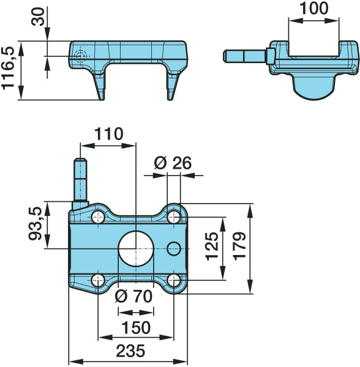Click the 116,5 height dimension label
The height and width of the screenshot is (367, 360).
(8, 68)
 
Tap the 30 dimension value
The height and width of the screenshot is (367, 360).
(38, 17)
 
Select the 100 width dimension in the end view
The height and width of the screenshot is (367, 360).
(314, 8)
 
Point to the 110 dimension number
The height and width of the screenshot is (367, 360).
(108, 134)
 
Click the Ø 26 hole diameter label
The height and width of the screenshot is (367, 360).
(173, 163)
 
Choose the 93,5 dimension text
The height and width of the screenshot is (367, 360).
(35, 224)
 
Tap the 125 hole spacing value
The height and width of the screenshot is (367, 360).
(212, 247)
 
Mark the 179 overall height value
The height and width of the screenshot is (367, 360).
(239, 247)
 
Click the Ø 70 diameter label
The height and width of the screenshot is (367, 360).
(133, 296)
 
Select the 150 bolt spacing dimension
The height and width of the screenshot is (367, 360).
(136, 327)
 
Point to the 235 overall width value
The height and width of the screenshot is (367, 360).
(130, 351)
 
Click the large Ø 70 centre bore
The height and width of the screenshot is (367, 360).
(136, 248)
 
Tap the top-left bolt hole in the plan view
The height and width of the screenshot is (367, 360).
(98, 217)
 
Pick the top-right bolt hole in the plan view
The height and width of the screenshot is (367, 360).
(174, 217)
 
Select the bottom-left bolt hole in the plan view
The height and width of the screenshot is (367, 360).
(98, 280)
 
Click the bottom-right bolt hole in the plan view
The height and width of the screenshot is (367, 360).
(174, 280)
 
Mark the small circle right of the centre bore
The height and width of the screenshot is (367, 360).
(174, 248)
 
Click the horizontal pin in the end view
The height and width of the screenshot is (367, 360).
(249, 56)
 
